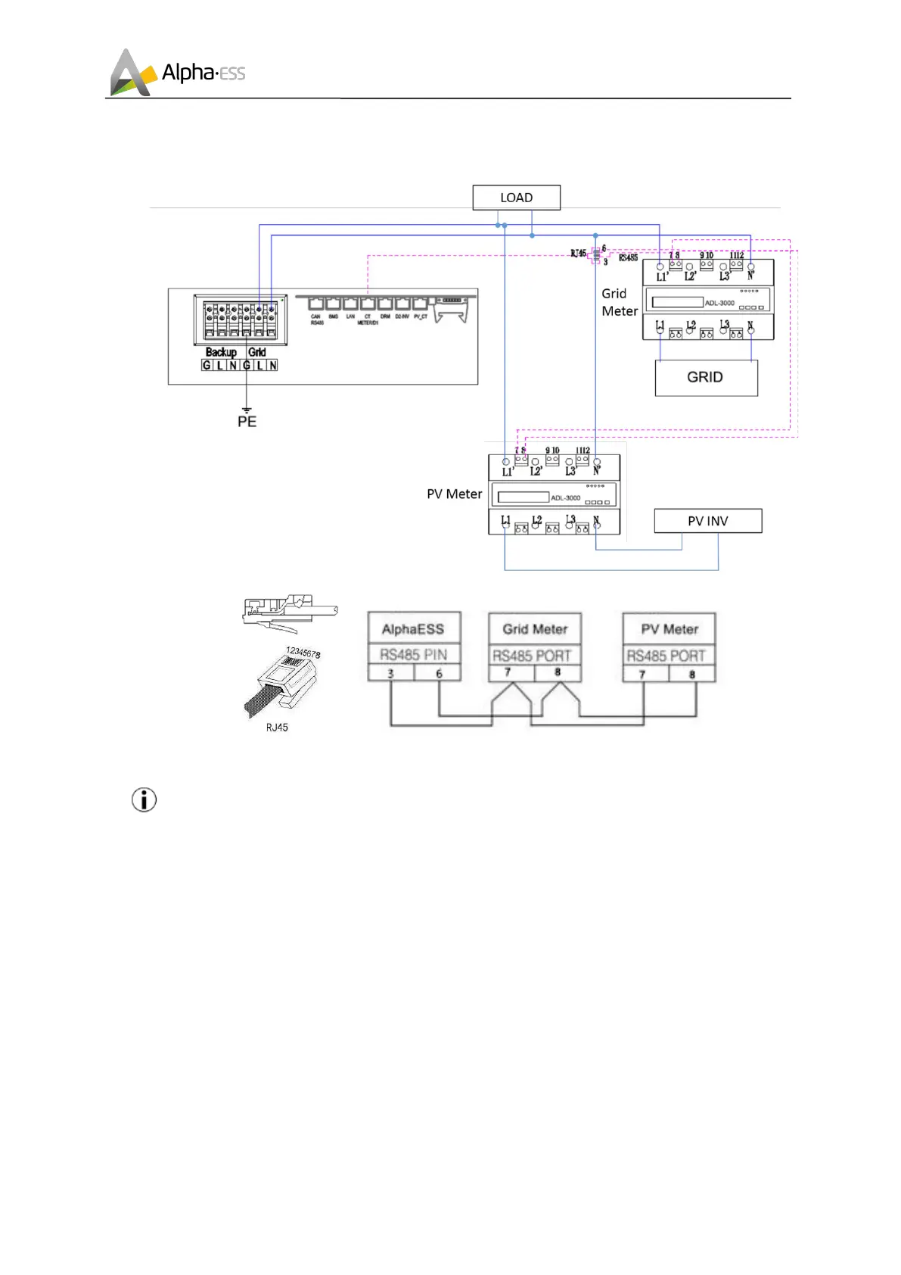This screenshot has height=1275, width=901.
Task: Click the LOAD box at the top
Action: point(516,198)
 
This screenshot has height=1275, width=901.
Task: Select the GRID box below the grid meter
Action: point(705,377)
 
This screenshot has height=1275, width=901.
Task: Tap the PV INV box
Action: point(707,521)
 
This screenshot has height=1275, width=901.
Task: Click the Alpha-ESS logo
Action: point(178,73)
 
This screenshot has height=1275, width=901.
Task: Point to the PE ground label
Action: point(247,422)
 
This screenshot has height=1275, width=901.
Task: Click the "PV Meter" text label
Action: point(454,494)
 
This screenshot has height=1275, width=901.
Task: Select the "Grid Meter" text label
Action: point(620,302)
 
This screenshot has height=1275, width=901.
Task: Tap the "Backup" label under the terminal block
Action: point(221,352)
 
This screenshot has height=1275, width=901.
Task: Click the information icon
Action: point(144,800)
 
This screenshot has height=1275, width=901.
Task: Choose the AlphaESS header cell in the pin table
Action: point(413,629)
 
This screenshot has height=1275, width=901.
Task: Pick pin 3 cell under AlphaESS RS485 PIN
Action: point(391,673)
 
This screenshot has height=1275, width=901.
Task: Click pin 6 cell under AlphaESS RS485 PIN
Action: point(439,673)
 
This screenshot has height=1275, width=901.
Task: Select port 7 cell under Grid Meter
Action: point(508,672)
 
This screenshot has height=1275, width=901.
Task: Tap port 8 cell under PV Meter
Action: point(691,674)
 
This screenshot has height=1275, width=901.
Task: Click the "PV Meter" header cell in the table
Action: point(670,629)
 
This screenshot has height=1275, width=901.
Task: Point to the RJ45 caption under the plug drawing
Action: point(277,728)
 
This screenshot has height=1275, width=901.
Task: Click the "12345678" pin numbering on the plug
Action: point(303,653)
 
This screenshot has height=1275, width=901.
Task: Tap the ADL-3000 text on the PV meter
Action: point(566,498)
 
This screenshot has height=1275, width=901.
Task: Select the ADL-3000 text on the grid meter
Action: point(719,303)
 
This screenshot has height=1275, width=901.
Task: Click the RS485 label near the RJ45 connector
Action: point(628,258)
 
